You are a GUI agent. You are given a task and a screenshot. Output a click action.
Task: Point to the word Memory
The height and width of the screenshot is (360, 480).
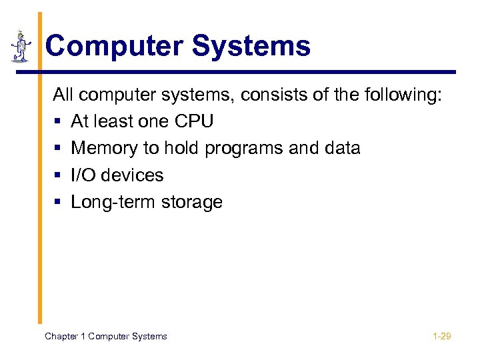click(103, 148)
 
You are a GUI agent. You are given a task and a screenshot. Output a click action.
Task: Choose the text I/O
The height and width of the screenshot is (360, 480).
click(83, 175)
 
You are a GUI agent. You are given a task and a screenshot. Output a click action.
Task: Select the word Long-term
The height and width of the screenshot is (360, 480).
click(111, 202)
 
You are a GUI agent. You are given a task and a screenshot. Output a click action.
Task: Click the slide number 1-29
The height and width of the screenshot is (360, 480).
click(441, 336)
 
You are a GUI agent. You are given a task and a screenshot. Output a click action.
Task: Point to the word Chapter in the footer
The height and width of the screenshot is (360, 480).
click(61, 336)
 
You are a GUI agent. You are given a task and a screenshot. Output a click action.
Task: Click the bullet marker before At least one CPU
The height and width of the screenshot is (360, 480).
click(58, 122)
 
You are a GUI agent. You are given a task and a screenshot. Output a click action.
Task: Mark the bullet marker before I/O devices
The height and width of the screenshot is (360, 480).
click(58, 175)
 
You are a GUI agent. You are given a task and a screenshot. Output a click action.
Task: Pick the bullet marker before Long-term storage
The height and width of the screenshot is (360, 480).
click(58, 202)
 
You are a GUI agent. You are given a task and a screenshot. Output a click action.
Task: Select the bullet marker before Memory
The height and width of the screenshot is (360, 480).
click(58, 149)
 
